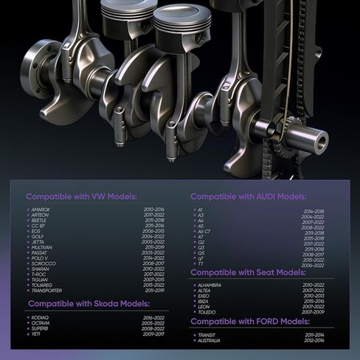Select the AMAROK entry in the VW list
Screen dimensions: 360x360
pos(41,210)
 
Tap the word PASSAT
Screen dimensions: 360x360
pos(41,252)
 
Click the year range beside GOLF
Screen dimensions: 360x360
pos(153,236)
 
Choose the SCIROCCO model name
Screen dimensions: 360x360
pos(44,263)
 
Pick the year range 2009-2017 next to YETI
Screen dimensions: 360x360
pos(153,333)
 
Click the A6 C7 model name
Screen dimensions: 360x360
pos(204,231)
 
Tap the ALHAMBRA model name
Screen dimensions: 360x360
pos(210,285)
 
